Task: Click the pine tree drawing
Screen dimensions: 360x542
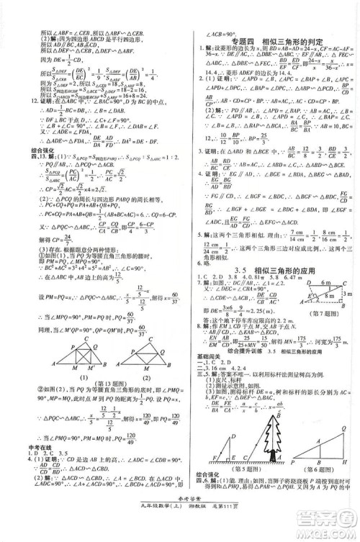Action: (x=254, y=431)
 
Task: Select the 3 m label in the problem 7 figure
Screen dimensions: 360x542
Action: (x=348, y=295)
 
